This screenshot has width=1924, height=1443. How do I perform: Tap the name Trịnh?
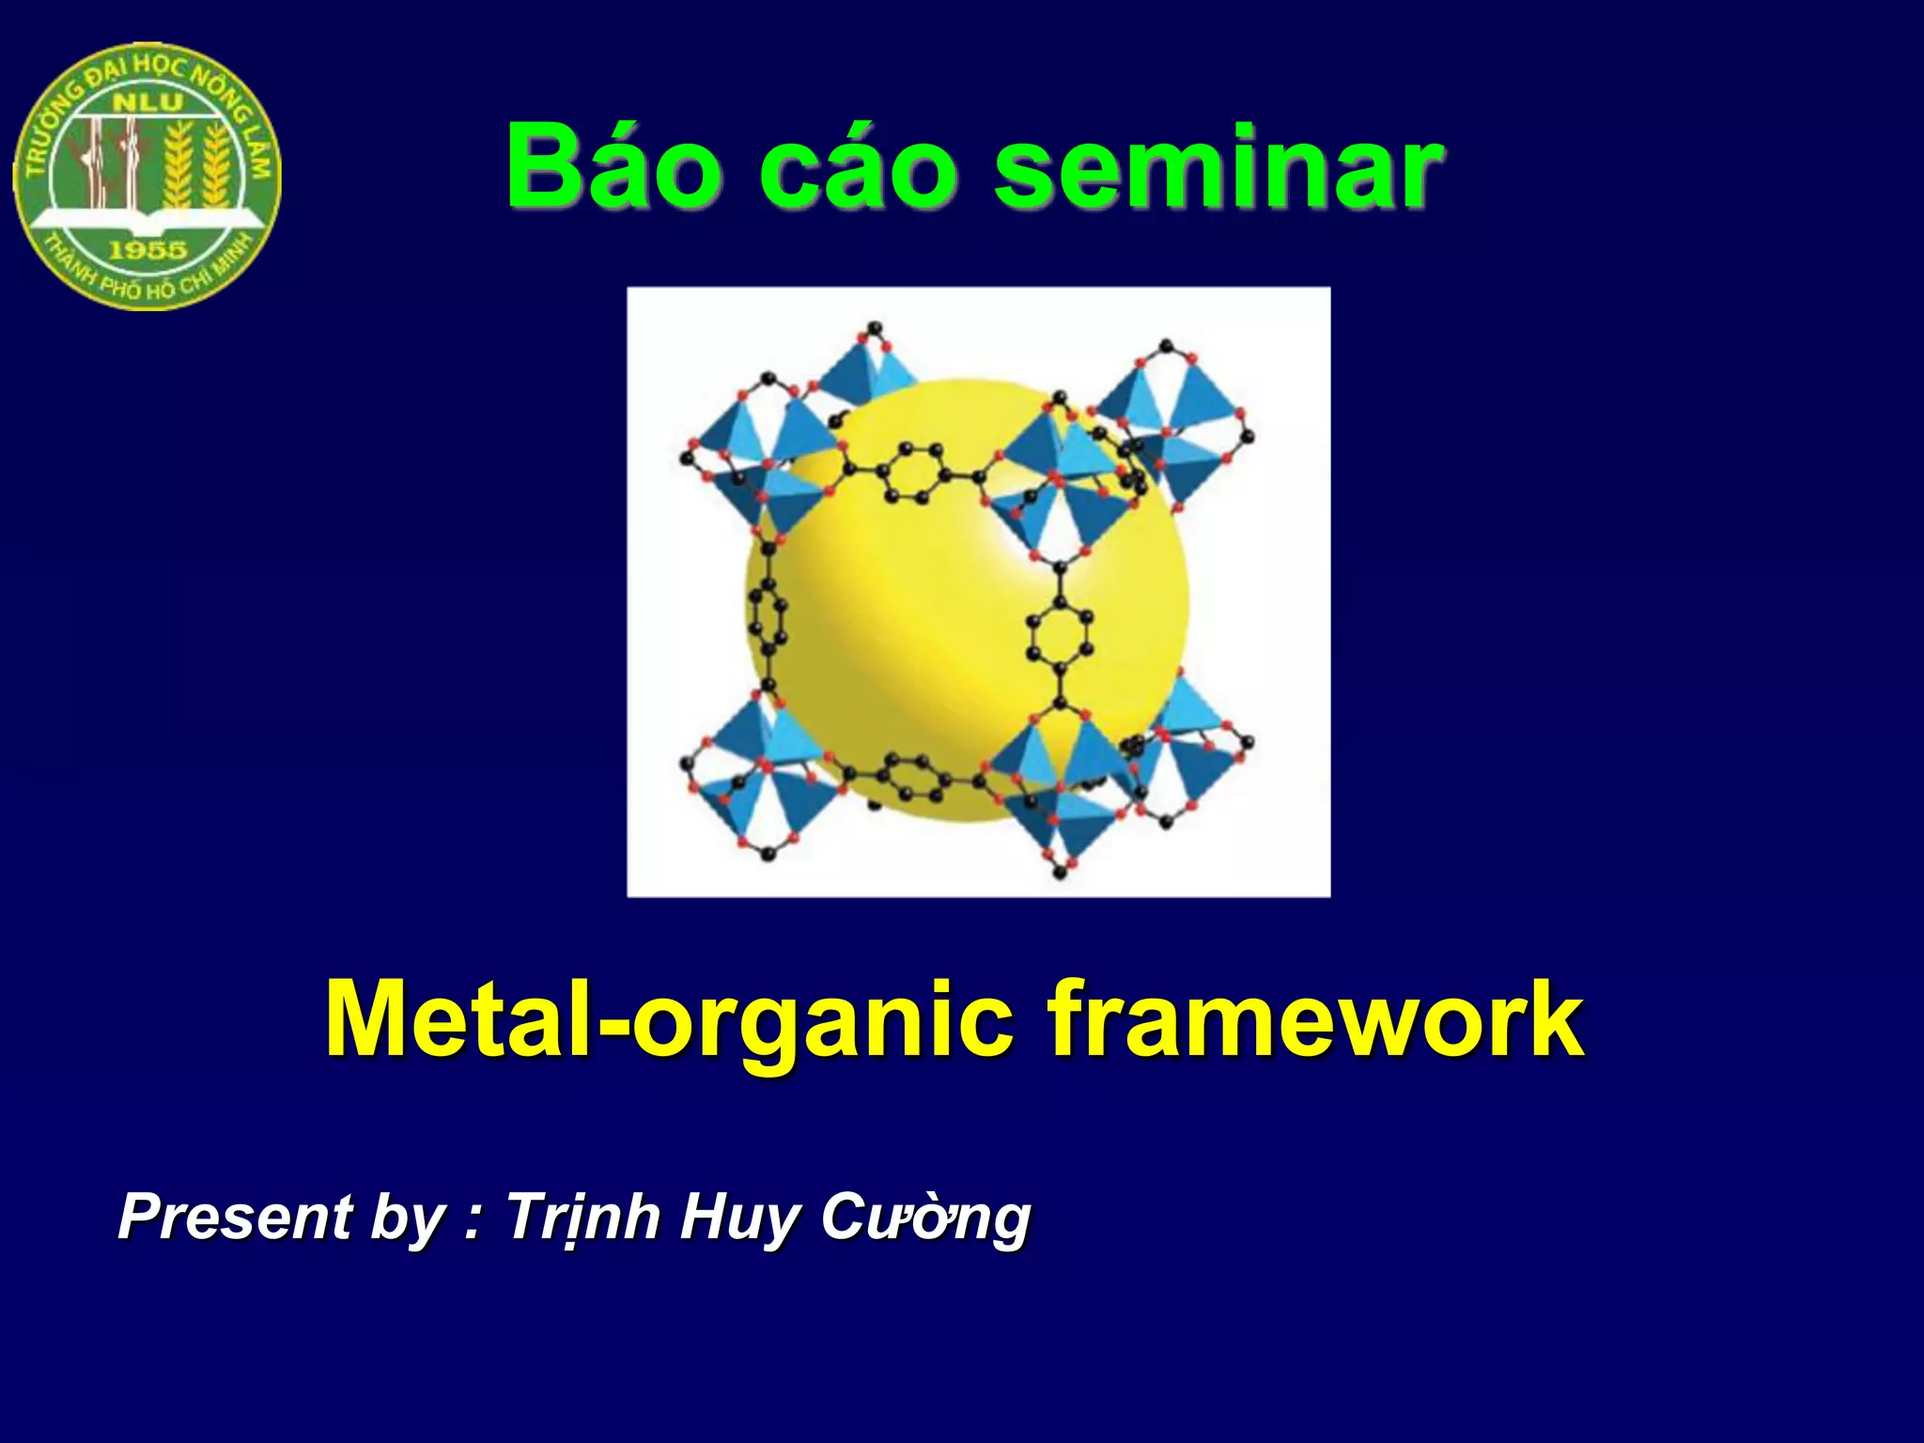(583, 1217)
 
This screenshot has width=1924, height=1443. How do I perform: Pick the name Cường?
(925, 1218)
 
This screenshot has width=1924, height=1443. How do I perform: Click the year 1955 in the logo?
(148, 250)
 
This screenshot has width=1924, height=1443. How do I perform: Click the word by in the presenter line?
(407, 1218)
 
